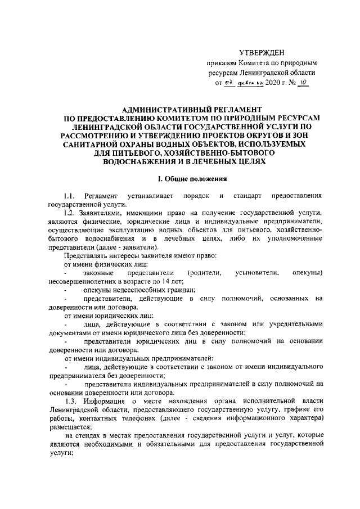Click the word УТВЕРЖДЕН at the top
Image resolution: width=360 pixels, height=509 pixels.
click(271, 52)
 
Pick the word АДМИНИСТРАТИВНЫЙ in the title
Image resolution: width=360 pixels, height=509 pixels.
click(153, 108)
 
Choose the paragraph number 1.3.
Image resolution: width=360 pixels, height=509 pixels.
click(70, 400)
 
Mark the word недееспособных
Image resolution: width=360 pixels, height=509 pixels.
click(133, 290)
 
